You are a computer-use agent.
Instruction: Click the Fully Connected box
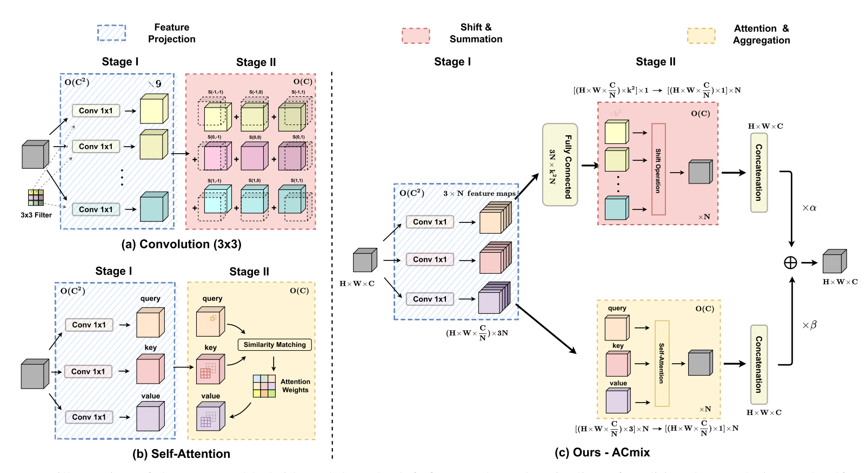pyautogui.click(x=560, y=165)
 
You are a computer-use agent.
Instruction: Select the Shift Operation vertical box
pyautogui.click(x=658, y=169)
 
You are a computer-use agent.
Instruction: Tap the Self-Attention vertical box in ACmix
pyautogui.click(x=662, y=363)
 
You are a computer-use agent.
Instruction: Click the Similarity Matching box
pyautogui.click(x=275, y=345)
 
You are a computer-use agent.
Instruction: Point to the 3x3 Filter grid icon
pyautogui.click(x=36, y=198)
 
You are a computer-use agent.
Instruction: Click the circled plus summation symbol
pyautogui.click(x=790, y=262)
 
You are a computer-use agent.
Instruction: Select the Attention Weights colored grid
pyautogui.click(x=264, y=386)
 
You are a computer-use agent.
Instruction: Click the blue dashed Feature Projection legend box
pyautogui.click(x=111, y=33)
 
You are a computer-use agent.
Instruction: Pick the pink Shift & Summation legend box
pyautogui.click(x=416, y=36)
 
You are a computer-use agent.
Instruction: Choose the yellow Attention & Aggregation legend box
pyautogui.click(x=701, y=36)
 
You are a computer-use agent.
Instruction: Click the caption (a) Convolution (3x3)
pyautogui.click(x=181, y=244)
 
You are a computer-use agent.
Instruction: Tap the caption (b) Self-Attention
pyautogui.click(x=181, y=454)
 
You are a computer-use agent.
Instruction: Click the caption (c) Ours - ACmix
pyautogui.click(x=602, y=452)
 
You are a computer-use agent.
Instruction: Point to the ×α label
pyautogui.click(x=809, y=208)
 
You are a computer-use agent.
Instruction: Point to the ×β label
pyautogui.click(x=809, y=325)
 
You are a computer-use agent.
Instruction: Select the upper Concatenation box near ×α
pyautogui.click(x=759, y=173)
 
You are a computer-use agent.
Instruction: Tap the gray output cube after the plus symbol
pyautogui.click(x=834, y=261)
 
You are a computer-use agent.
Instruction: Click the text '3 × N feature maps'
pyautogui.click(x=479, y=193)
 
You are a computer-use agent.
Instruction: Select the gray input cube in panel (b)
pyautogui.click(x=35, y=374)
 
